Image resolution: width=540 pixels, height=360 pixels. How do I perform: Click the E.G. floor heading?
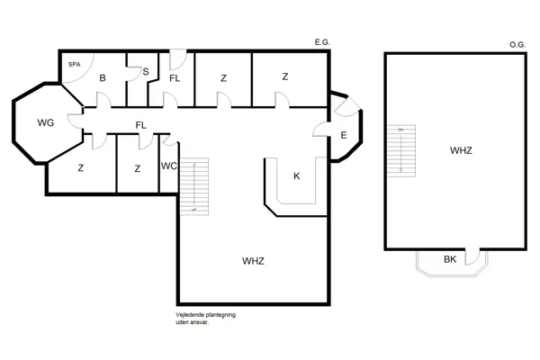point(322,42)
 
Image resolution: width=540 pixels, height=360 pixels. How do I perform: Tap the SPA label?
point(74,66)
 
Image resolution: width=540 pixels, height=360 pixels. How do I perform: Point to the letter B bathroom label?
point(103,78)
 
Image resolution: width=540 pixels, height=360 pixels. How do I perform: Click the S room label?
point(145,72)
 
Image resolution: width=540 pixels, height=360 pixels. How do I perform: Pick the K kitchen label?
point(296,175)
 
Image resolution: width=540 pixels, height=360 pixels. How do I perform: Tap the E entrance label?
point(344,136)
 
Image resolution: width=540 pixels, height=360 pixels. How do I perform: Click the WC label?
point(168,166)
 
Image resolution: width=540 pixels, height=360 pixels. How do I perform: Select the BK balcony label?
point(450,260)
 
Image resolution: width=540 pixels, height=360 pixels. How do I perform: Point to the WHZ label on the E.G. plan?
point(254,260)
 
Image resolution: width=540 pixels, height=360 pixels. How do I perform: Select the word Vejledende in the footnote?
point(191,314)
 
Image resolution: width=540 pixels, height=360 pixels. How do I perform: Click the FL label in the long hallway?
point(140,125)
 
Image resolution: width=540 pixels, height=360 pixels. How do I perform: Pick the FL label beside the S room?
point(175,78)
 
